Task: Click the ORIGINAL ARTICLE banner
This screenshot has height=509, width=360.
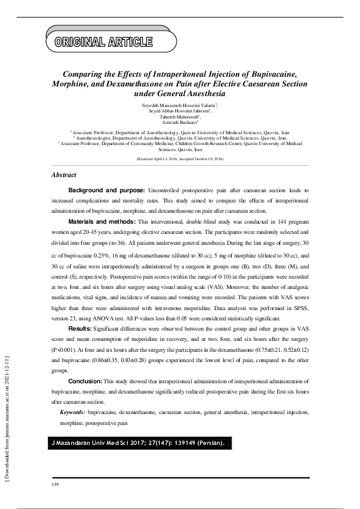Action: tap(103, 42)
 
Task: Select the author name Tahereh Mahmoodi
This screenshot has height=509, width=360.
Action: tap(179, 117)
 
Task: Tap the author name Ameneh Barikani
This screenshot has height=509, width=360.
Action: tap(179, 122)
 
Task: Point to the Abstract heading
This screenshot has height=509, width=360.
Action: tap(64, 175)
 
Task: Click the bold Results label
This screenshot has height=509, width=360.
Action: tap(80, 328)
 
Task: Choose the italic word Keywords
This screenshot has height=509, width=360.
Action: tap(72, 412)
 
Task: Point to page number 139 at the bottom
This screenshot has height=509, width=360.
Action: tap(55, 485)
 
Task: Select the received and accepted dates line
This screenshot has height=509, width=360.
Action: tap(180, 158)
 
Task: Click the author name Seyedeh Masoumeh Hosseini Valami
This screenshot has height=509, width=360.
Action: tap(179, 105)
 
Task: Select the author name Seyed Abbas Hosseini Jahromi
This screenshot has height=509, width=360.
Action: tap(179, 111)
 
